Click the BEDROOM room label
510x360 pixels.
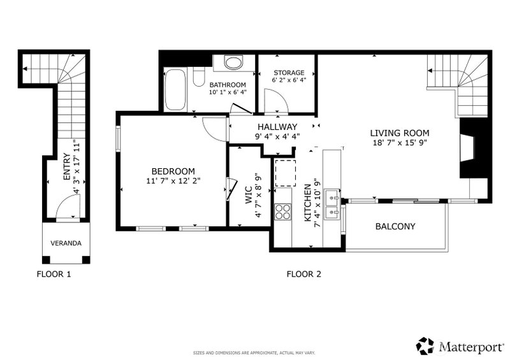pos(173,171)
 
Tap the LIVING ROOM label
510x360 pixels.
pos(400,133)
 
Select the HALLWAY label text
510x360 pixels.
pos(277,127)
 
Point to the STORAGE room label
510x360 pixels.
pos(289,73)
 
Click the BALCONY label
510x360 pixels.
pos(395,226)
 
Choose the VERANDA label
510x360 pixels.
pos(66,243)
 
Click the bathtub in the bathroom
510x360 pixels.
pos(175,90)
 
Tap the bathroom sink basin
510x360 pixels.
pos(233,63)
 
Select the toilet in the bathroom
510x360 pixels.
pos(198,76)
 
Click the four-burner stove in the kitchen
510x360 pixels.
pos(282,212)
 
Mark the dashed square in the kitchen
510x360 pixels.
pos(285,173)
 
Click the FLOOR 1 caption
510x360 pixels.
pos(54,274)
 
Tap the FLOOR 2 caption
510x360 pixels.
pos(304,274)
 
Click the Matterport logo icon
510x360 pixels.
pos(425,346)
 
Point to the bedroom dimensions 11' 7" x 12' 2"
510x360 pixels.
pos(173,181)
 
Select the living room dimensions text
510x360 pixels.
pos(400,143)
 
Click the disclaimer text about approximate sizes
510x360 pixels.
pos(254,353)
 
